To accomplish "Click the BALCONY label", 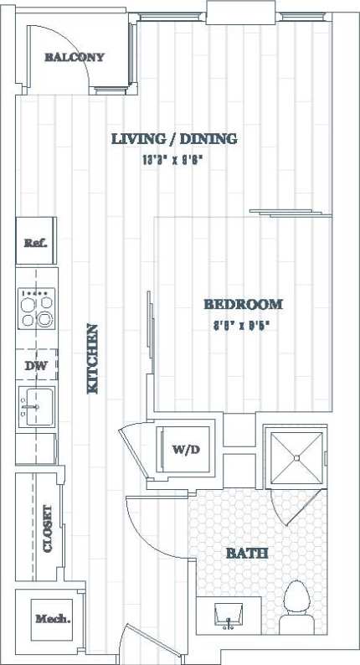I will [x=75, y=58].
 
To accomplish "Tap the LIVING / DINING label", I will [x=174, y=139].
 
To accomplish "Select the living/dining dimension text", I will [x=173, y=158].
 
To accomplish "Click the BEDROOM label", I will [x=243, y=305].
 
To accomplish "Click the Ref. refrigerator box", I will [x=35, y=242].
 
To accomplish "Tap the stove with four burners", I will [x=35, y=307].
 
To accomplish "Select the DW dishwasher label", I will [x=35, y=365].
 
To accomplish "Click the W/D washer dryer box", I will [x=187, y=450].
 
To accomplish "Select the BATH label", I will [x=247, y=554].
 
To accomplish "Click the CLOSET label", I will [x=48, y=528].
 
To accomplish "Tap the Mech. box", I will [x=52, y=620].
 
